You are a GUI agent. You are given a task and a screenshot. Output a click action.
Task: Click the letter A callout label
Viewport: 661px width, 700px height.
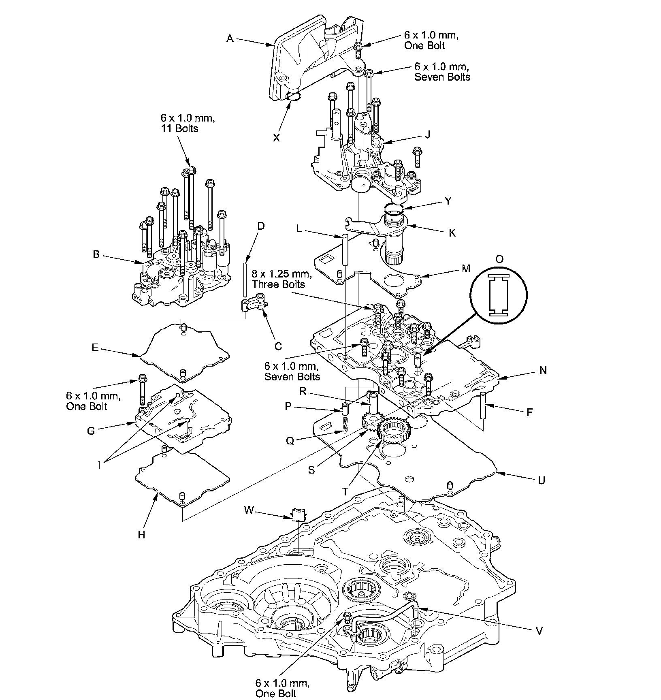click(x=230, y=38)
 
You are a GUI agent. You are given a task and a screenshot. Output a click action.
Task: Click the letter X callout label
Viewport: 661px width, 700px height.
click(x=276, y=138)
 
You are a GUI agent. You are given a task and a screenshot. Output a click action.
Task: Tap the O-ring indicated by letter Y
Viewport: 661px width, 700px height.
click(x=394, y=209)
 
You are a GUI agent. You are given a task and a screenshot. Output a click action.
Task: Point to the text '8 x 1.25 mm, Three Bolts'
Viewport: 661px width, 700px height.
click(x=281, y=279)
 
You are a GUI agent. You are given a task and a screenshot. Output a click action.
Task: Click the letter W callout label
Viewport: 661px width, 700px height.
click(x=249, y=510)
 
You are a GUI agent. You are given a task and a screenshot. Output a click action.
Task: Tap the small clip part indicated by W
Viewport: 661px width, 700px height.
click(x=299, y=514)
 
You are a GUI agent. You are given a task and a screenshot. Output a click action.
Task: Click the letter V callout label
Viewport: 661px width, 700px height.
click(x=539, y=630)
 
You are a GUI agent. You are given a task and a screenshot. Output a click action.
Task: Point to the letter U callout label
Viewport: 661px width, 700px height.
click(x=542, y=480)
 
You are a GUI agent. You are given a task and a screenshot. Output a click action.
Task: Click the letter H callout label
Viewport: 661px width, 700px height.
click(x=141, y=535)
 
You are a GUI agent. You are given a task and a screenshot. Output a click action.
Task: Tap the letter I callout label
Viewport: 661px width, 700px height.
click(x=98, y=465)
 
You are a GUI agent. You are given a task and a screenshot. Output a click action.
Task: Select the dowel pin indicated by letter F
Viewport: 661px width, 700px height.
click(x=483, y=405)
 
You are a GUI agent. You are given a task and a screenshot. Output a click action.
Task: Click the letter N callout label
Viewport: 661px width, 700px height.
click(x=543, y=370)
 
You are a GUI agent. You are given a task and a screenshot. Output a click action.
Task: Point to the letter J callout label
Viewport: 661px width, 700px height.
click(x=427, y=134)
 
